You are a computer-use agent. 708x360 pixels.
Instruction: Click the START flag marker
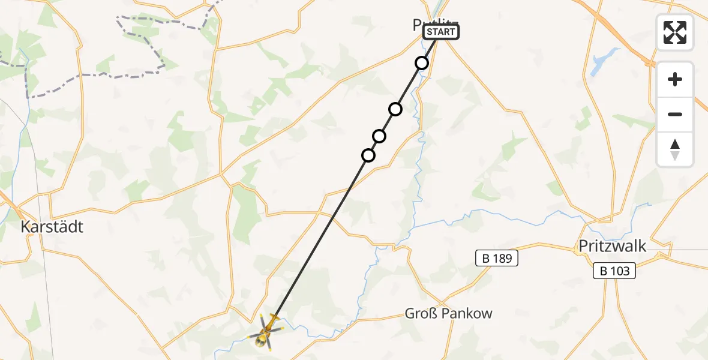click(441, 32)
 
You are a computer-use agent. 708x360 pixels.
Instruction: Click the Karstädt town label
click(52, 227)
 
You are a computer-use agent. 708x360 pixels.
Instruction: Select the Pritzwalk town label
click(613, 245)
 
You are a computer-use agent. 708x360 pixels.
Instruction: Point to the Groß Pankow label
click(448, 313)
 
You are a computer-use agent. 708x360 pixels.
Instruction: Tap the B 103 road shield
click(615, 271)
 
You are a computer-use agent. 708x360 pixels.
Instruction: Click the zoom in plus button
click(675, 80)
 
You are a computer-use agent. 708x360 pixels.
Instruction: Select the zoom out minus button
click(675, 114)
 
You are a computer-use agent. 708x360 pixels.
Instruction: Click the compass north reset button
click(675, 149)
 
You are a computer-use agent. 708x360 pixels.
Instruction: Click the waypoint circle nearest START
click(422, 63)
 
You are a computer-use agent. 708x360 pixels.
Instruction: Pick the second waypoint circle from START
click(395, 109)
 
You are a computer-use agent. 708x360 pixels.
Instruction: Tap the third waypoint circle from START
click(379, 136)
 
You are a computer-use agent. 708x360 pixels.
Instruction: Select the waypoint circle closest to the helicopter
click(368, 155)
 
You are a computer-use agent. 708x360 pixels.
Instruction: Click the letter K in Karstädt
click(26, 227)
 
